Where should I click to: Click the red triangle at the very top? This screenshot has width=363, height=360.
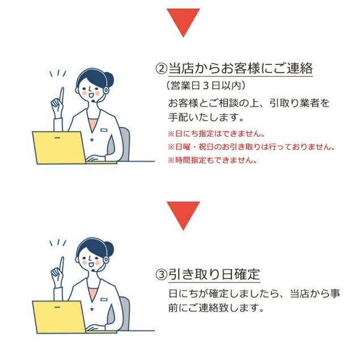183,20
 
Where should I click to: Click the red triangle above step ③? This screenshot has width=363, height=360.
183,213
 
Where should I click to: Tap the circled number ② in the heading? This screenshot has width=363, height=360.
162,69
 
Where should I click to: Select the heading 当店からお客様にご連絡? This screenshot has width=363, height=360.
241,69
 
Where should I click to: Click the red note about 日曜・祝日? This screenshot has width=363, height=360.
250,147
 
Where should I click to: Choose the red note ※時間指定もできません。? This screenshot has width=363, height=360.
212,160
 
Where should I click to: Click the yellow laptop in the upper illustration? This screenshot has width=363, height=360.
58,147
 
